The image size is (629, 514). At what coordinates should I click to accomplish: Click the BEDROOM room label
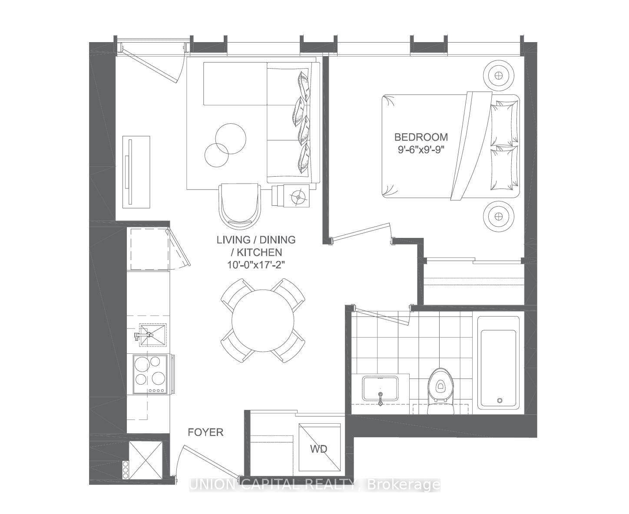tap(420, 137)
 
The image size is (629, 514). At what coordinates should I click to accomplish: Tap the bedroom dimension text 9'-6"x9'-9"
tap(420, 149)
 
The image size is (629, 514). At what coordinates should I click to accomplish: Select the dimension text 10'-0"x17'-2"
tap(256, 264)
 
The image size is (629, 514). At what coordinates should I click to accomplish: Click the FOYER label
tap(205, 432)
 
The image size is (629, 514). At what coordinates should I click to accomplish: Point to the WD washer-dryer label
tap(318, 449)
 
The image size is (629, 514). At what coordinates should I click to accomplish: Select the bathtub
tap(498, 363)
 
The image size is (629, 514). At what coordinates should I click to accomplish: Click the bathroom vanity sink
tap(381, 390)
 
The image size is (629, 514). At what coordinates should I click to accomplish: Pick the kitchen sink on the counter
tap(152, 335)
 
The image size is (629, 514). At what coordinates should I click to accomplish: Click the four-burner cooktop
tap(150, 374)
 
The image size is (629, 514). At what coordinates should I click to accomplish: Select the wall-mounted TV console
tap(136, 171)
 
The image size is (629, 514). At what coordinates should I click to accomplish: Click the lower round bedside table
tap(498, 216)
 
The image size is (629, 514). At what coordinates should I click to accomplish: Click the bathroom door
tap(382, 315)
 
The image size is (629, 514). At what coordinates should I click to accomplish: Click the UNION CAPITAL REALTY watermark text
tap(314, 484)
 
